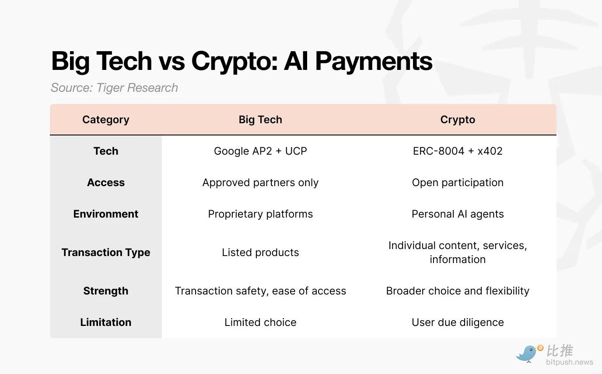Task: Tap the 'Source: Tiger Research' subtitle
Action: pos(114,88)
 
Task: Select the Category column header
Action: pos(105,120)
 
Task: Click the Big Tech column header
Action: pos(260,120)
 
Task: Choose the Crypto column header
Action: pos(458,120)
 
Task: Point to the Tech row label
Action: pos(105,151)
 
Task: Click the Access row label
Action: pos(105,183)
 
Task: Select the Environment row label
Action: pos(105,214)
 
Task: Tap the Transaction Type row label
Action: pos(105,253)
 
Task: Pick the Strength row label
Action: pos(105,291)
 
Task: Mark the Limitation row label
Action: pos(105,322)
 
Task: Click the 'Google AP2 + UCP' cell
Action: pos(260,151)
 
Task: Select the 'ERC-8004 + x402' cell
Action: pos(458,151)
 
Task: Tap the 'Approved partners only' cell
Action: pos(260,183)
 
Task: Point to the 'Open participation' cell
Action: pos(458,183)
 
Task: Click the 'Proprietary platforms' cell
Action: pos(260,214)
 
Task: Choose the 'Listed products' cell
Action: pos(260,253)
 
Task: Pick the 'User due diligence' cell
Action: pos(458,322)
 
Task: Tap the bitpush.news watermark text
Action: pos(570,362)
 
